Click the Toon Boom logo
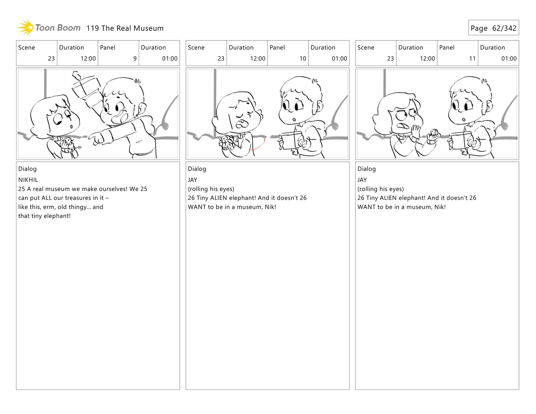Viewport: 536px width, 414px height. pos(49,28)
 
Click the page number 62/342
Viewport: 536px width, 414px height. pos(504,28)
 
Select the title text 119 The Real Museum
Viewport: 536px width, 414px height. pos(125,28)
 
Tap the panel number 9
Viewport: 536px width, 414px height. pos(135,59)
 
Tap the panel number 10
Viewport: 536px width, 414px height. pos(303,59)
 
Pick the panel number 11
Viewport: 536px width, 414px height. pos(472,59)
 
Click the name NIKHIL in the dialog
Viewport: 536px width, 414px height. pos(28,180)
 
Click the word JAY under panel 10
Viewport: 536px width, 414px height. pos(192,180)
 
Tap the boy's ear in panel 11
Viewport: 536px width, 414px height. pos(489,106)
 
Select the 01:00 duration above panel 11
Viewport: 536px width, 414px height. pos(509,59)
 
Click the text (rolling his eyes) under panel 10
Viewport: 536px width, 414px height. pos(211,189)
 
